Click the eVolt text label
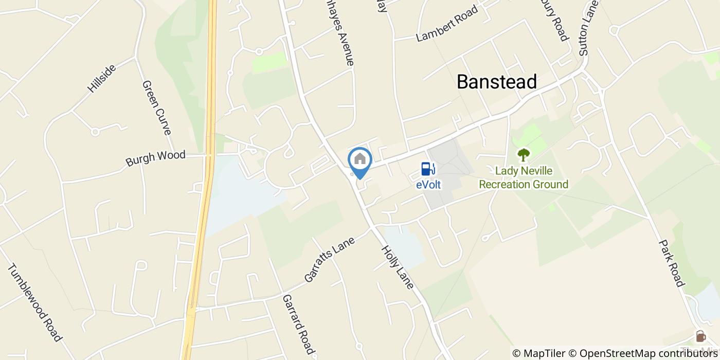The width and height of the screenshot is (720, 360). tap(428, 184)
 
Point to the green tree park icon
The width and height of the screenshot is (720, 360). tap(524, 154)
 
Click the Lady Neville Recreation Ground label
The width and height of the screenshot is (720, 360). tap(524, 177)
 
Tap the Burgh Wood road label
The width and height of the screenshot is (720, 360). tap(155, 158)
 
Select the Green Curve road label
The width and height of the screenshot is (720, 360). tap(156, 107)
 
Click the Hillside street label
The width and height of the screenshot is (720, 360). tap(101, 79)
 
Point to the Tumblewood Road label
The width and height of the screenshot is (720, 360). tap(34, 303)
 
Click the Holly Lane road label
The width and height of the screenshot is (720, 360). tap(397, 267)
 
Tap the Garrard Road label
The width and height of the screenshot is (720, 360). tap(298, 325)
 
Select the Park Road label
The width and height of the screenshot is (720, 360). tap(672, 263)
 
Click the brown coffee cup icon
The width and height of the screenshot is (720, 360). tap(700, 336)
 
